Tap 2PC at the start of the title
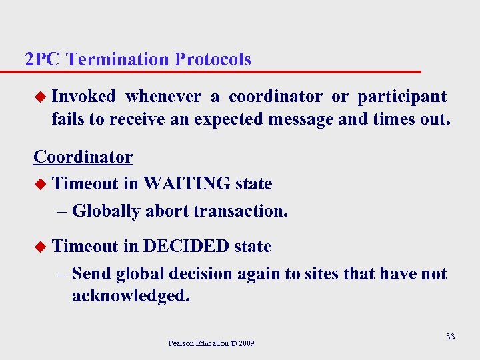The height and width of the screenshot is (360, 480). click(43, 59)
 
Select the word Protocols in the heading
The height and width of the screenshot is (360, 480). click(213, 59)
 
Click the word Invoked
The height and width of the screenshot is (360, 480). click(83, 97)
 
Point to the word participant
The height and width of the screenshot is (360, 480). click(402, 97)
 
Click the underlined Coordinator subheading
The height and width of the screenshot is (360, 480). click(83, 157)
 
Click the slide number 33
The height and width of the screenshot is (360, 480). click(450, 337)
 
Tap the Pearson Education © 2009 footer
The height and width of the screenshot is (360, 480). click(211, 343)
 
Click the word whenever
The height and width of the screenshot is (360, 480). click(163, 97)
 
